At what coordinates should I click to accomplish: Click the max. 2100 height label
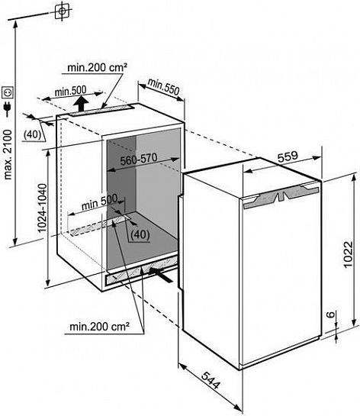(8, 155)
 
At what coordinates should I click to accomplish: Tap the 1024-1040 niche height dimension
(43, 208)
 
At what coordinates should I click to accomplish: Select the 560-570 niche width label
(139, 160)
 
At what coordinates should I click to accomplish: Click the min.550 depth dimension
(163, 87)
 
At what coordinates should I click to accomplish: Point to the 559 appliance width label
(288, 156)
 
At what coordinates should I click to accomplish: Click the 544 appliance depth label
(211, 380)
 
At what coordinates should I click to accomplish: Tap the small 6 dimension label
(330, 314)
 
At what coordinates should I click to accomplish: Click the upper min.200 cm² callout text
(98, 67)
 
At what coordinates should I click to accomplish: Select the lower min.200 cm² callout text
(100, 327)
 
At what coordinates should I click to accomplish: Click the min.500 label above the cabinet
(70, 92)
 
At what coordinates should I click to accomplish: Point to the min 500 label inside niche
(99, 203)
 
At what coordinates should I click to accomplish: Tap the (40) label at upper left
(32, 134)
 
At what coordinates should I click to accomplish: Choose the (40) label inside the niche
(140, 234)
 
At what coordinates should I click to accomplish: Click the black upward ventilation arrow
(81, 104)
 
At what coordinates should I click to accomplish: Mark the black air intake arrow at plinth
(162, 275)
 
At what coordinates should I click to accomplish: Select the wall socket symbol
(8, 92)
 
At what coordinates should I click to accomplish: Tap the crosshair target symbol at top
(63, 11)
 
